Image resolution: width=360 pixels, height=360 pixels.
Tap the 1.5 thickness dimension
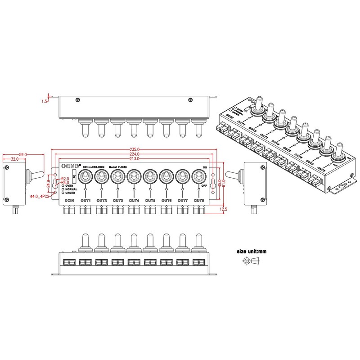[45, 102]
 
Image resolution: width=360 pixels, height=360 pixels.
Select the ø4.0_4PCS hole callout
[38, 196]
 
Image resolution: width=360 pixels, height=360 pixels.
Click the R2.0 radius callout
[65, 178]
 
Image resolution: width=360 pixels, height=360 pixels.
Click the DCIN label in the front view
[69, 200]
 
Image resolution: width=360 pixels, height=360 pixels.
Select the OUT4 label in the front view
[134, 200]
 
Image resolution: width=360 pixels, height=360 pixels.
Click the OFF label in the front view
[205, 185]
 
